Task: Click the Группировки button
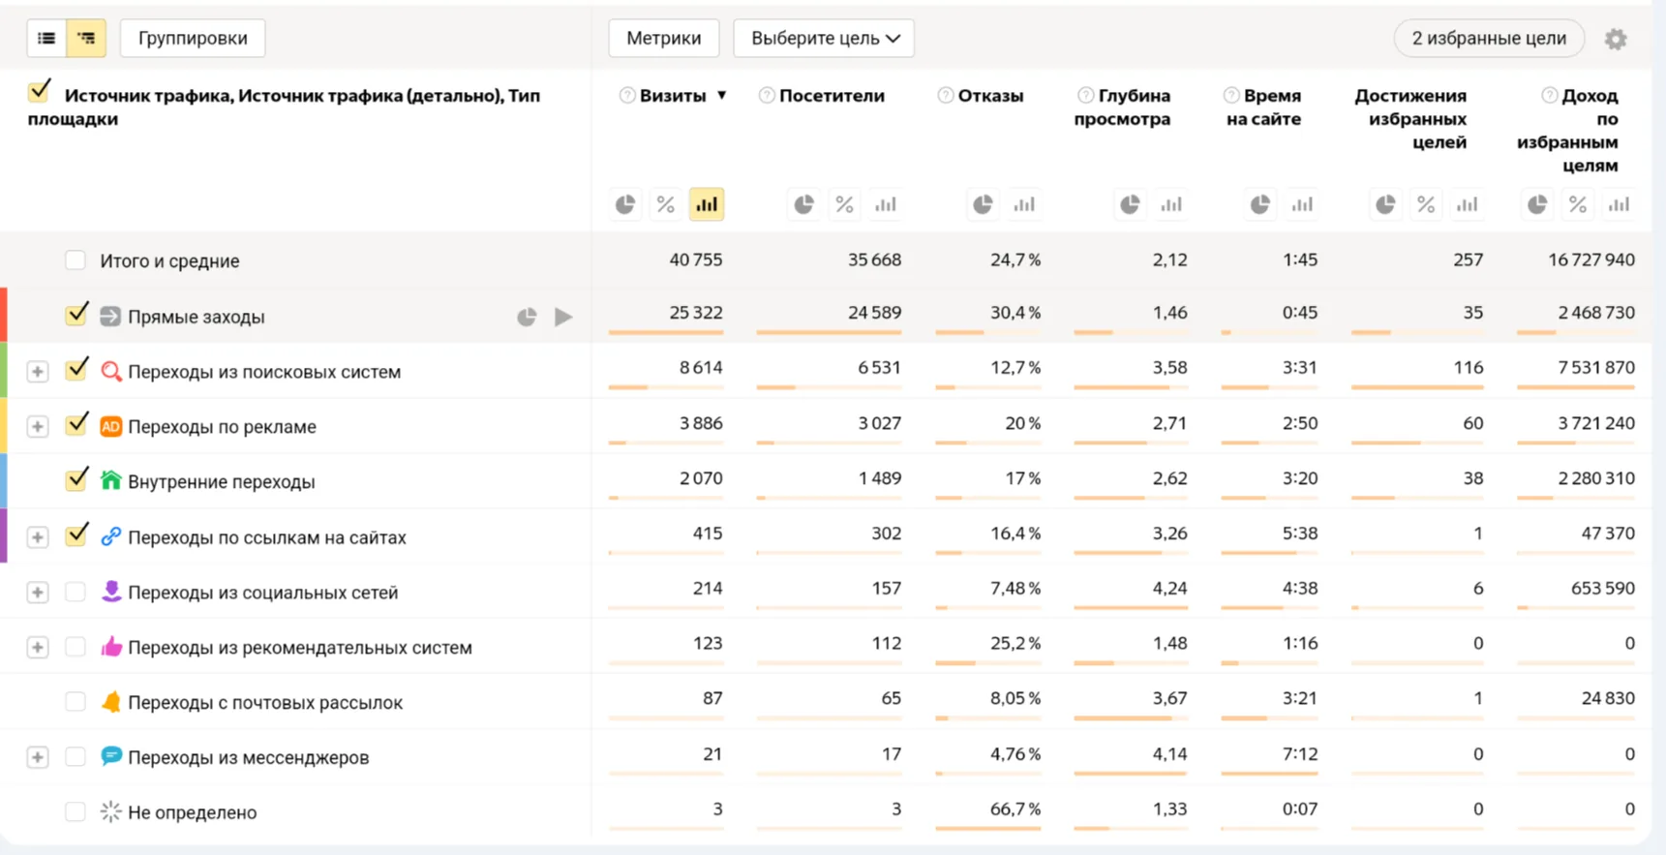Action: (193, 39)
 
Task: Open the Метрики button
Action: (663, 39)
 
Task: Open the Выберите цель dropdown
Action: (824, 39)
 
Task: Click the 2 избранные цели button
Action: (1488, 39)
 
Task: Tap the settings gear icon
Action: (1616, 40)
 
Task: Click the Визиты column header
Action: (673, 96)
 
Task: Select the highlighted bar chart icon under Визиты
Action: (707, 204)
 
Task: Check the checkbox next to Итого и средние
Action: (76, 260)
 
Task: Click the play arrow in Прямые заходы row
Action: (563, 317)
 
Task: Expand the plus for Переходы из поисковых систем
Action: (38, 372)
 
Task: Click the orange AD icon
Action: (111, 426)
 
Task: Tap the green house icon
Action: (111, 480)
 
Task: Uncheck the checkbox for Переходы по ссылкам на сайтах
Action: (76, 535)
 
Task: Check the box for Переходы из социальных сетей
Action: (76, 592)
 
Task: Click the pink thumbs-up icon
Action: (111, 646)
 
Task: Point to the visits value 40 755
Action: (696, 260)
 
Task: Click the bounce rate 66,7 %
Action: (1015, 809)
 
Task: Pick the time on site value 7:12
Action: (1300, 754)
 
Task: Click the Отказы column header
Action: (990, 96)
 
